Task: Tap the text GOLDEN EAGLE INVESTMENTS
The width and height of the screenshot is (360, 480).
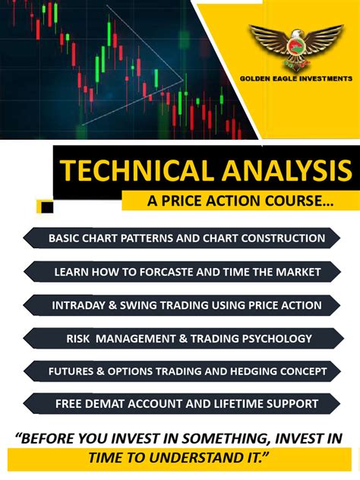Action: pyautogui.click(x=296, y=77)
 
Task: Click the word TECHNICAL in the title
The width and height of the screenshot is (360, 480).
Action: pyautogui.click(x=123, y=171)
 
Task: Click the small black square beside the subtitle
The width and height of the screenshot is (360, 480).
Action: pyautogui.click(x=47, y=206)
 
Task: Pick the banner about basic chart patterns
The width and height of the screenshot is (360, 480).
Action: pyautogui.click(x=186, y=238)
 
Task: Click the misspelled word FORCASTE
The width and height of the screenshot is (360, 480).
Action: pyautogui.click(x=159, y=272)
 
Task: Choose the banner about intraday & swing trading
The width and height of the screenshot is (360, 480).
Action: pyautogui.click(x=186, y=305)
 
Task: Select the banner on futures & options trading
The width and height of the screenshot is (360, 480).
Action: pyautogui.click(x=186, y=371)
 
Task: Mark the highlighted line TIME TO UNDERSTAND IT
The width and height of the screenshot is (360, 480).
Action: pyautogui.click(x=179, y=457)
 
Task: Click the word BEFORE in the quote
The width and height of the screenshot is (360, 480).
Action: pyautogui.click(x=53, y=438)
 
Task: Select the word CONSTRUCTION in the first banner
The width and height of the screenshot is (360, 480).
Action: pyautogui.click(x=276, y=238)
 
